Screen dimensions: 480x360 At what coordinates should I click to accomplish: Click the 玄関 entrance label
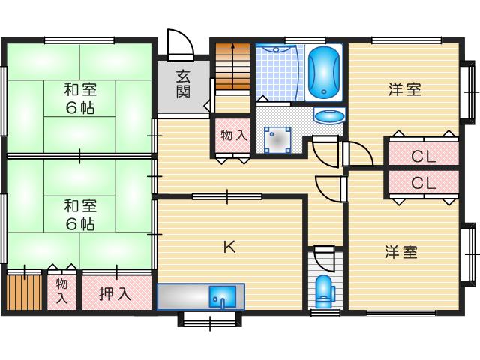click(x=183, y=84)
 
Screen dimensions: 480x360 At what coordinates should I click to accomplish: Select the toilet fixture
click(x=322, y=291)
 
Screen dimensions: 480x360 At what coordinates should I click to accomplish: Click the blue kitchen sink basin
click(x=223, y=296)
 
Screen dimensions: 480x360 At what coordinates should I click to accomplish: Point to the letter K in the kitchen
click(x=229, y=247)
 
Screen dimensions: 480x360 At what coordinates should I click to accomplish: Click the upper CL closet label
click(x=423, y=157)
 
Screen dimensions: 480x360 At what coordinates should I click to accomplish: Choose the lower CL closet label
click(x=423, y=183)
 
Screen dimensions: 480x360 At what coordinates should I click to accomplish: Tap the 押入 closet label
click(x=115, y=294)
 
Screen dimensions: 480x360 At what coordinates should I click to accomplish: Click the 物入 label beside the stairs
click(x=234, y=135)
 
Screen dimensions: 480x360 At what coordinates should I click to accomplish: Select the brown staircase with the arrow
click(x=233, y=67)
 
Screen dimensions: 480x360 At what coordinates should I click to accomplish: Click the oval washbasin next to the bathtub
click(x=329, y=116)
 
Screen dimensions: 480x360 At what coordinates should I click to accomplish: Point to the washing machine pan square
click(x=277, y=140)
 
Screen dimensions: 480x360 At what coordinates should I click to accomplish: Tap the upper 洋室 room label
click(x=405, y=89)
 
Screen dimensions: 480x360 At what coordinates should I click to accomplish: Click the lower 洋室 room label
click(x=401, y=252)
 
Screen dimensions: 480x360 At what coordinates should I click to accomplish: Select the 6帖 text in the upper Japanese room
click(x=80, y=107)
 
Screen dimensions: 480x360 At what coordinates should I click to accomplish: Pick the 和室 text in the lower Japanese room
click(x=80, y=206)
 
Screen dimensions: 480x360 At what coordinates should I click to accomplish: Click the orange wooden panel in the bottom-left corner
click(x=24, y=292)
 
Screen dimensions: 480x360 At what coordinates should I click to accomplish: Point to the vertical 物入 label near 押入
click(x=61, y=291)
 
